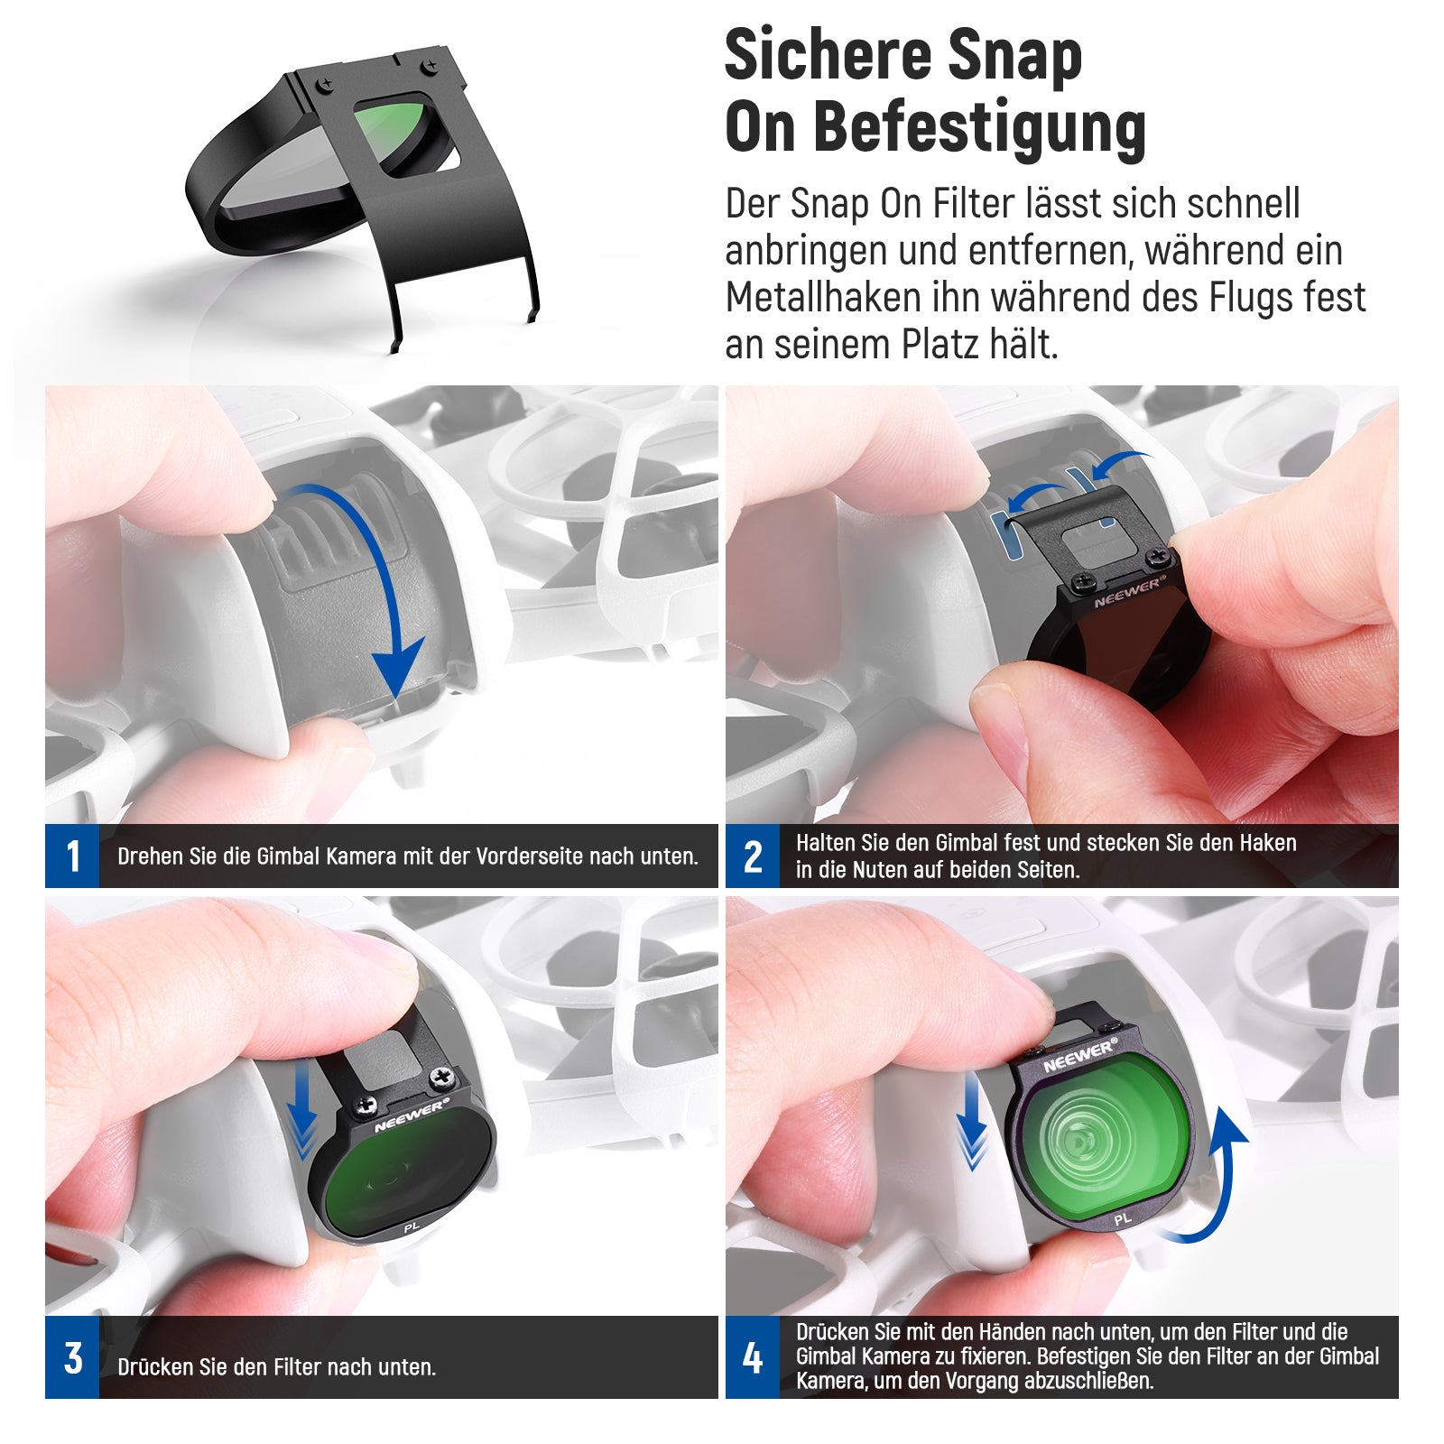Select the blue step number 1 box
coord(72,856)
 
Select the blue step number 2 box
coord(753,856)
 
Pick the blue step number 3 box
coord(72,1357)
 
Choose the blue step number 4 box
coord(753,1357)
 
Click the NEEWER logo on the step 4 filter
coord(1079,1055)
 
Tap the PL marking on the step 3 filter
coord(412,1227)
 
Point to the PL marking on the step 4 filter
coord(1122,1219)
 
